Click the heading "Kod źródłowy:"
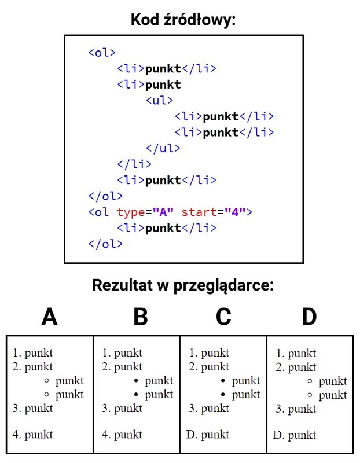pyautogui.click(x=183, y=20)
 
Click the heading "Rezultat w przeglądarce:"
pyautogui.click(x=183, y=285)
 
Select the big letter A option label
pyautogui.click(x=49, y=317)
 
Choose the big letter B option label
pyautogui.click(x=141, y=317)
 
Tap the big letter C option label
pyautogui.click(x=223, y=317)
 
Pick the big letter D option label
pyautogui.click(x=309, y=317)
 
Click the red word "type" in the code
pyautogui.click(x=131, y=212)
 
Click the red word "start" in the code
pyautogui.click(x=199, y=212)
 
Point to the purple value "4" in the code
pyautogui.click(x=235, y=212)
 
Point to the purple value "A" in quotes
pyautogui.click(x=163, y=212)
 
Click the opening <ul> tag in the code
pyautogui.click(x=160, y=100)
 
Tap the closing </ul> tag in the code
pyautogui.click(x=163, y=148)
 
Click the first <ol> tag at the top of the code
pyautogui.click(x=102, y=53)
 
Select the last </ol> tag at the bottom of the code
pyautogui.click(x=105, y=244)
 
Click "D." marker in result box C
pyautogui.click(x=192, y=435)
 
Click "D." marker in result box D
pyautogui.click(x=279, y=435)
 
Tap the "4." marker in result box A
pyautogui.click(x=17, y=435)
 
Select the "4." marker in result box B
pyautogui.click(x=106, y=435)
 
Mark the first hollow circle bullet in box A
pyautogui.click(x=46, y=380)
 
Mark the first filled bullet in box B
pyautogui.click(x=136, y=381)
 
